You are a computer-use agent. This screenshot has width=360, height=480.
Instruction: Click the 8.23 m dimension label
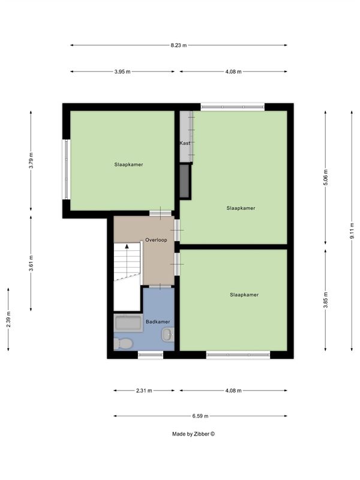click(179, 46)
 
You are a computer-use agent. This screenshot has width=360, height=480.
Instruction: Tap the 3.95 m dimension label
click(122, 71)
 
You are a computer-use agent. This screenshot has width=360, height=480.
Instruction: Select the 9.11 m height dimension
click(352, 230)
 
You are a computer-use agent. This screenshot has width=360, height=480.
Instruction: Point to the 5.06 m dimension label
click(325, 177)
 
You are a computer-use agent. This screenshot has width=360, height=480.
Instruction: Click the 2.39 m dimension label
click(8, 319)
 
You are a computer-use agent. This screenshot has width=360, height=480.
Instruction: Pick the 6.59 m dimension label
click(200, 416)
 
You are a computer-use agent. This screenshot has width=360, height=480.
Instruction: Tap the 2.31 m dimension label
click(144, 391)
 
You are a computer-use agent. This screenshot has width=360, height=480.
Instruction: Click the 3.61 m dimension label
click(31, 263)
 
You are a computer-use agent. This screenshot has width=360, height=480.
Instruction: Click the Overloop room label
click(156, 240)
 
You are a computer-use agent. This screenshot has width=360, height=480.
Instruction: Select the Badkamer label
click(158, 322)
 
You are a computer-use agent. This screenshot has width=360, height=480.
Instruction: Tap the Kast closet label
click(185, 143)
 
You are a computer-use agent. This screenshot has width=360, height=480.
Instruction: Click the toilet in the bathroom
click(123, 344)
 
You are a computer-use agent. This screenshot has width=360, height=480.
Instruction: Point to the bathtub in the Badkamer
click(128, 323)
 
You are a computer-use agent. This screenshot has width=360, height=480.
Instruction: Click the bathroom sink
click(168, 335)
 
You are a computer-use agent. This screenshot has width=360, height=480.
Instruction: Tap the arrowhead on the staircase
click(127, 246)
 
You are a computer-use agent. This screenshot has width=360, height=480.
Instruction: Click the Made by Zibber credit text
click(193, 434)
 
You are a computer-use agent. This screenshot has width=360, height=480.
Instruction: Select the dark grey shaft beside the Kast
click(184, 181)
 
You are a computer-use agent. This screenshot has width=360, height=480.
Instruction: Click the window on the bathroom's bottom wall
click(151, 355)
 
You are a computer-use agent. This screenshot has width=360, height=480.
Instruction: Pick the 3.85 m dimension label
click(325, 301)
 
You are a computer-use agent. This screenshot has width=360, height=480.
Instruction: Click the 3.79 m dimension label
click(31, 160)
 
